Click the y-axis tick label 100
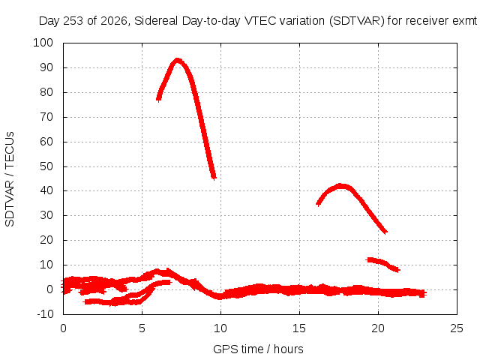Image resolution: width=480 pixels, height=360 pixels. (43, 43)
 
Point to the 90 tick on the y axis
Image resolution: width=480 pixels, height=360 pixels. (46, 67)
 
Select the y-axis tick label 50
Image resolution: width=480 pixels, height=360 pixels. (46, 166)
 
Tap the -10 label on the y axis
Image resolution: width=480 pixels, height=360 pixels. (45, 314)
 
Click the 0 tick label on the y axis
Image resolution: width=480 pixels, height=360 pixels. (50, 289)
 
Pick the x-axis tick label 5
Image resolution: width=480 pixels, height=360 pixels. (142, 328)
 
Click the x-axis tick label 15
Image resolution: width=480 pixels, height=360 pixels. (299, 328)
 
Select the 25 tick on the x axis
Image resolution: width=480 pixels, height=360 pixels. (457, 328)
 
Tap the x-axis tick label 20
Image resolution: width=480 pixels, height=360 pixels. (378, 328)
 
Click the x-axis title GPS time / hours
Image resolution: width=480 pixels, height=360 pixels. (258, 349)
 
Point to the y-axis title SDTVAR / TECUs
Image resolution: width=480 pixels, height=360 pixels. (10, 179)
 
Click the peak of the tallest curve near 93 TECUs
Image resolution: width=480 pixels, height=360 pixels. (177, 60)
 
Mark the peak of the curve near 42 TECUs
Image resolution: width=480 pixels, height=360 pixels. (340, 185)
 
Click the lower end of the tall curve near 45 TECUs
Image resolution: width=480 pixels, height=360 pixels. (214, 177)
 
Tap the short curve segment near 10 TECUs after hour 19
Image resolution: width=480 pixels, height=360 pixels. (382, 263)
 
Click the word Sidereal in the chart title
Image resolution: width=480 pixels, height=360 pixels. (156, 21)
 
